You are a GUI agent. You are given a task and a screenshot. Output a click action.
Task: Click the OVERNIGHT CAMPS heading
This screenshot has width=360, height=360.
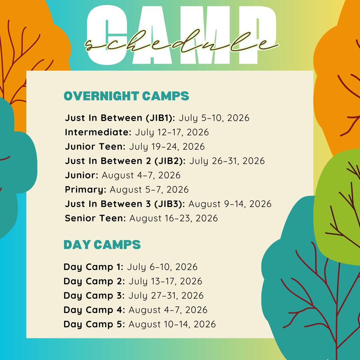click(126, 96)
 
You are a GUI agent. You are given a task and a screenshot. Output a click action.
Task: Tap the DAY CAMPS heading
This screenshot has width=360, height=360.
click(102, 245)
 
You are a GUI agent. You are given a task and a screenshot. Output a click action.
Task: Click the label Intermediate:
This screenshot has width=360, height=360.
click(98, 132)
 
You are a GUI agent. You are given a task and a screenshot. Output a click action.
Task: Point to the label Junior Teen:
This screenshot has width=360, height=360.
click(95, 146)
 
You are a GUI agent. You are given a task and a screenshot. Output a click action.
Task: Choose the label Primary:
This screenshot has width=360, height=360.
click(86, 190)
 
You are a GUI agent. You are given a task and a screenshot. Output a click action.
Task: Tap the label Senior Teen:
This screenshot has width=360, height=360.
click(96, 218)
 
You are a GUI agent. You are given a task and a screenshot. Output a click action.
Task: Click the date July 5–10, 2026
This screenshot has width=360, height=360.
click(214, 118)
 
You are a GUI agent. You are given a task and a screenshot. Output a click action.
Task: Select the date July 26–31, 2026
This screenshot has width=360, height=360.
click(227, 161)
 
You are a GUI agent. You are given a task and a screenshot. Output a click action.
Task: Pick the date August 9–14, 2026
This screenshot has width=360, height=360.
click(230, 204)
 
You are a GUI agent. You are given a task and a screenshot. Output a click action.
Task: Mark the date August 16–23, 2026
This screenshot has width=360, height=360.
click(174, 218)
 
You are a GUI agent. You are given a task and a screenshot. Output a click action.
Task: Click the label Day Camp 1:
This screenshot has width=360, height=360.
click(93, 267)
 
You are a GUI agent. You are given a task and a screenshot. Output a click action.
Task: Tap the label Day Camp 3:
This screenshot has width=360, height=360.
click(94, 296)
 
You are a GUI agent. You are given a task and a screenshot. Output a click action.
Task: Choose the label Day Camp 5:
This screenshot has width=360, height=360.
click(94, 324)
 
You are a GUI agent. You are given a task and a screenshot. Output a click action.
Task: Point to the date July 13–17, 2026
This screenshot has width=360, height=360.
click(165, 281)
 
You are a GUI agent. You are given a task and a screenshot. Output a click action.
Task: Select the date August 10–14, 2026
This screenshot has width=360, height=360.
click(172, 324)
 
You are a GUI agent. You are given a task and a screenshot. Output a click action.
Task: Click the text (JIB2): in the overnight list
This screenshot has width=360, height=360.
click(170, 161)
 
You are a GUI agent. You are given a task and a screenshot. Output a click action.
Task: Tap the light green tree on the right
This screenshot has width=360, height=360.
click(337, 207)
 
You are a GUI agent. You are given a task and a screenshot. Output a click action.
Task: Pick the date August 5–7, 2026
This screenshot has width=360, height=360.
click(149, 190)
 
